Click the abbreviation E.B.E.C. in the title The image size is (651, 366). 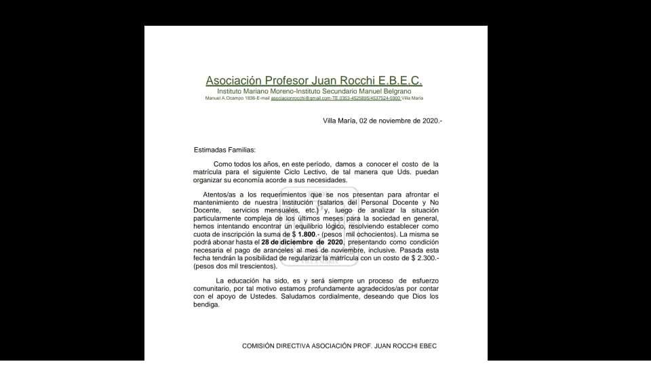[x=400, y=81]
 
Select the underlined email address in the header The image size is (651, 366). [x=301, y=98]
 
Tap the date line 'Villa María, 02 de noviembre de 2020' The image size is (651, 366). [x=382, y=121]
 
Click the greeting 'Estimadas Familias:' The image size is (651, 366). [x=225, y=150]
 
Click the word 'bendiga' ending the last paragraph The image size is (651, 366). [x=207, y=304]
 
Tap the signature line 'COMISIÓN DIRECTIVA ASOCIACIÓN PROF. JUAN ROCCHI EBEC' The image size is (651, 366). [x=340, y=346]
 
